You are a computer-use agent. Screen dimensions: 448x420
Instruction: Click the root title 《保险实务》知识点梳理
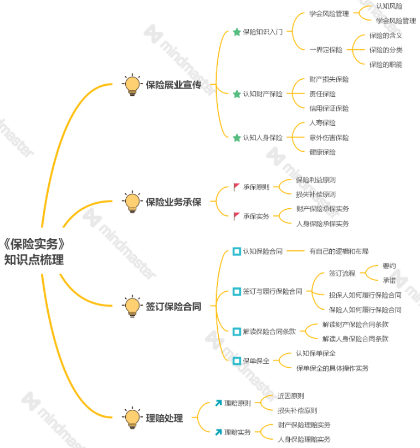[x=37, y=251]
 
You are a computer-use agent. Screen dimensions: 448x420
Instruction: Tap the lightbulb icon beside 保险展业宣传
[x=132, y=85]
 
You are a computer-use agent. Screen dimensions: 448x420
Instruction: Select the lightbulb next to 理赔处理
[x=132, y=418]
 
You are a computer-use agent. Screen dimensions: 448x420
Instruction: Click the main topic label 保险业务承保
[x=173, y=202]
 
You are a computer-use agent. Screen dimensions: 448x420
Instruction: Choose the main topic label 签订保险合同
[x=173, y=306]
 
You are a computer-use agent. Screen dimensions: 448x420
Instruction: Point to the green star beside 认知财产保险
[x=237, y=94]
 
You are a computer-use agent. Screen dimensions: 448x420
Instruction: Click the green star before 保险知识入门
[x=237, y=32]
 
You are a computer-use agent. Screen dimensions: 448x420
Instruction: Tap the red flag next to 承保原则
[x=237, y=187]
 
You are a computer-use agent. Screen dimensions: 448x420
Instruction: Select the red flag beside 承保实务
[x=237, y=217]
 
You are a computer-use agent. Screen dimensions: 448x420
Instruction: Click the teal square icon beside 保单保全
[x=237, y=361]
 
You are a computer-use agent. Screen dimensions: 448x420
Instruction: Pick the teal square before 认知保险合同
[x=237, y=251]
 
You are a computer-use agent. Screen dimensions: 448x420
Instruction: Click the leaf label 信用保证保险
[x=329, y=109]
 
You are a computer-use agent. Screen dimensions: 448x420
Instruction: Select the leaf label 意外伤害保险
[x=329, y=137]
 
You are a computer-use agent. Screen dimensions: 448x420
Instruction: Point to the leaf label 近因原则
[x=290, y=396]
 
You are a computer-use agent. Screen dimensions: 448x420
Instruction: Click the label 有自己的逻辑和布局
[x=339, y=251]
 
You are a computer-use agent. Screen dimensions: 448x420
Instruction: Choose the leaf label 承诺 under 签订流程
[x=389, y=281]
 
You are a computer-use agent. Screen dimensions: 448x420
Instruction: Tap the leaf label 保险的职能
[x=386, y=64]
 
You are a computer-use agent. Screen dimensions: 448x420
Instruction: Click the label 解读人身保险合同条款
[x=355, y=339]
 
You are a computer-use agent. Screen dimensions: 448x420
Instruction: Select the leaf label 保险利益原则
[x=315, y=180]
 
